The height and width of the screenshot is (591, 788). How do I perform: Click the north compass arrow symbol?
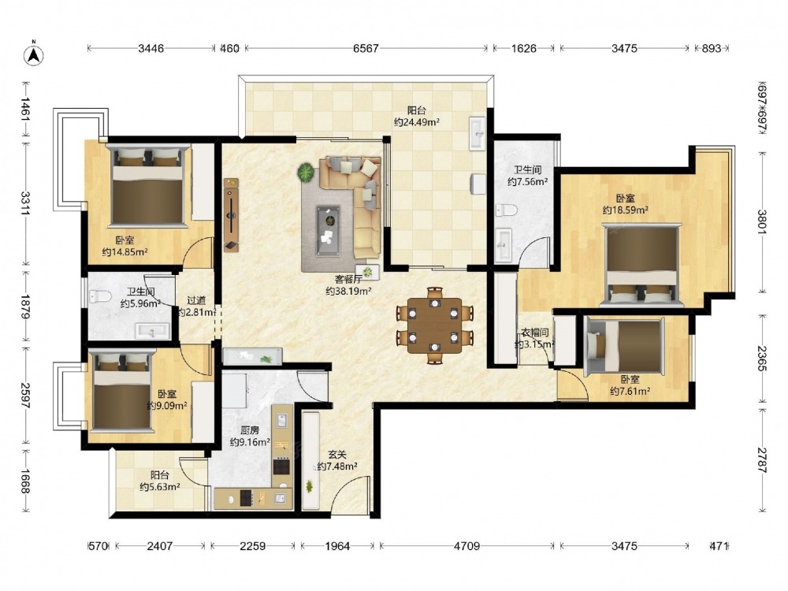[34, 54]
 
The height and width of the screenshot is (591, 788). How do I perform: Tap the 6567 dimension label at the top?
[366, 48]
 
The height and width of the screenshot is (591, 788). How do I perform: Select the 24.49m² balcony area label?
[417, 122]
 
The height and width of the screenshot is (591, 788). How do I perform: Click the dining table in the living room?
[435, 325]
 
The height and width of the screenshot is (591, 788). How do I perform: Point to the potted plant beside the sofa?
[306, 173]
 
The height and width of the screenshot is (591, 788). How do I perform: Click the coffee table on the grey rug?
[329, 231]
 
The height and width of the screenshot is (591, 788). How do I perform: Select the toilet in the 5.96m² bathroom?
[99, 296]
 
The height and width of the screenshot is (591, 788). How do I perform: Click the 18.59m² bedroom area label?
[625, 210]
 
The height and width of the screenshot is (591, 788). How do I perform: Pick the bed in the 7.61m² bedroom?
[625, 348]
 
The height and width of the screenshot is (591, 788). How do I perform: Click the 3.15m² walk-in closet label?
[534, 344]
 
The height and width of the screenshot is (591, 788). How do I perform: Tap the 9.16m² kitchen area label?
[250, 442]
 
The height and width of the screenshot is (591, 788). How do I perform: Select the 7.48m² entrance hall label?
[337, 466]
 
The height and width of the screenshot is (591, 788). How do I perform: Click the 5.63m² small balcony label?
[160, 486]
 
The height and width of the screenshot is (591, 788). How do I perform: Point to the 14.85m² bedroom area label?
[125, 252]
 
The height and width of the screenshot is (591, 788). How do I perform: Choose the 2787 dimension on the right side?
[762, 460]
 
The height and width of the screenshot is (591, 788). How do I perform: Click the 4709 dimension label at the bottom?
[466, 546]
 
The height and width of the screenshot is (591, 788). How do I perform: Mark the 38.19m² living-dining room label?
[348, 291]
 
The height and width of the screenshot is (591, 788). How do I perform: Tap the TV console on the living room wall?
[231, 214]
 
